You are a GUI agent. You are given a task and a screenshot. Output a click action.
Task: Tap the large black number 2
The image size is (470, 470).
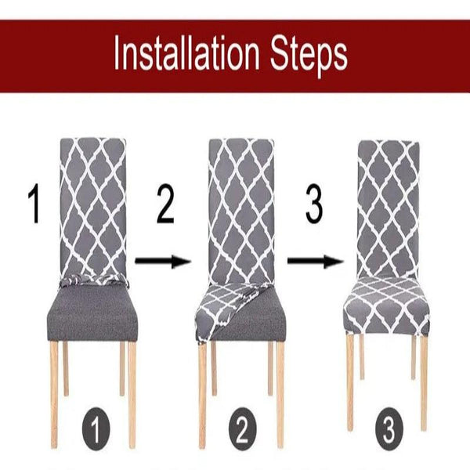tap(164, 205)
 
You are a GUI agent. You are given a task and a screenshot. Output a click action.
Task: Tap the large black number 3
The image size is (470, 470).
tap(313, 205)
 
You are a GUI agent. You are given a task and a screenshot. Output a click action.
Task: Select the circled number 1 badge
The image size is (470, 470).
tap(96, 432)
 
